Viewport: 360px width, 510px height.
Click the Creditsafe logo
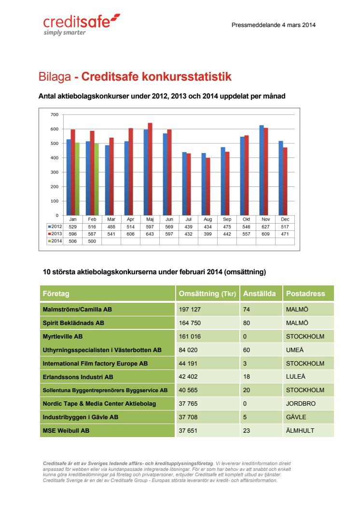[82, 25]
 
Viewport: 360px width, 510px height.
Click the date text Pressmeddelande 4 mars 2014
[273, 25]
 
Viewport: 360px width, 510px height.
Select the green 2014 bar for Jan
[77, 179]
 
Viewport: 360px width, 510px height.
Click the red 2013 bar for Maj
[150, 169]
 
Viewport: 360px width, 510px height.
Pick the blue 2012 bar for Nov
[262, 170]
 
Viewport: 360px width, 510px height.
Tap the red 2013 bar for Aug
[208, 187]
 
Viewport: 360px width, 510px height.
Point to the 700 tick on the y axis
[55, 114]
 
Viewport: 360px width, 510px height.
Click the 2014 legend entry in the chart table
[55, 241]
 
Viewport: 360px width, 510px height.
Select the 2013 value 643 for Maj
[150, 234]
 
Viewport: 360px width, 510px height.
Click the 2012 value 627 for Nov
[265, 227]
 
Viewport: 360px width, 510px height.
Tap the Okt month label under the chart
[246, 219]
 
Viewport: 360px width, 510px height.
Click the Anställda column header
[259, 293]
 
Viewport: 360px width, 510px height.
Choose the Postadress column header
[305, 293]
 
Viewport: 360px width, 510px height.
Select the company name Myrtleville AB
[63, 336]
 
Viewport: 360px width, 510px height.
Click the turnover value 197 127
[190, 309]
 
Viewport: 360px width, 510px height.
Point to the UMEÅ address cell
[295, 350]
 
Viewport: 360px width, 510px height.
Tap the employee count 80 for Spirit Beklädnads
[247, 323]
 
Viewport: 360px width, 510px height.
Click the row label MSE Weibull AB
[66, 431]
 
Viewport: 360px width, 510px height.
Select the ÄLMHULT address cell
[300, 430]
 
